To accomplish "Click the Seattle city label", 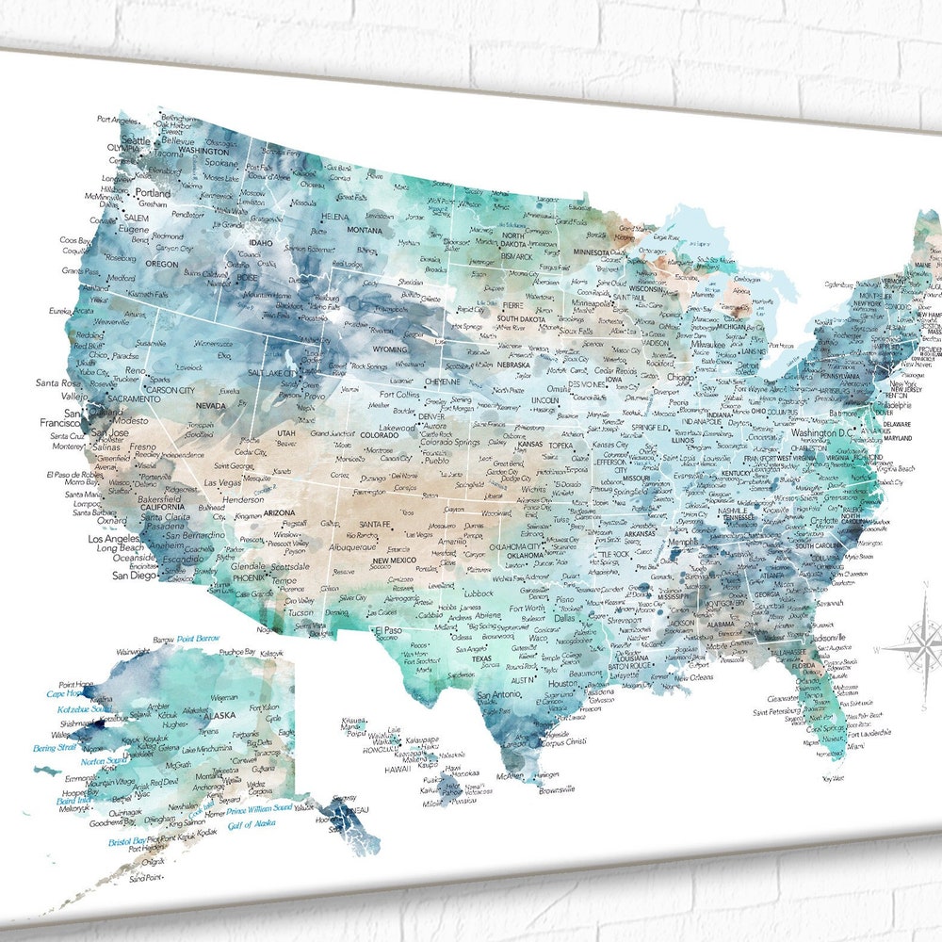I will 135,140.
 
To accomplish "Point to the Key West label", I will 832,778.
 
